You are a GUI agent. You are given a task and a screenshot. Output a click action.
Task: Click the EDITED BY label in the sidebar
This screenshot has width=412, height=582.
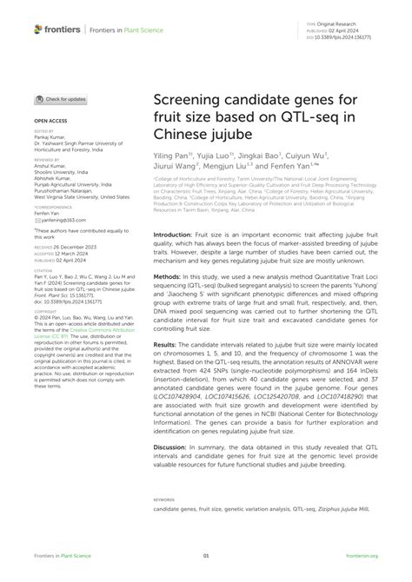click(45, 132)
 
